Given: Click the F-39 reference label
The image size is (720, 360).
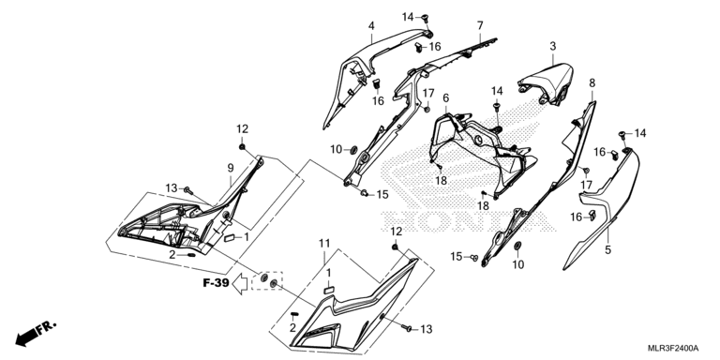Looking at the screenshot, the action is [x=216, y=283].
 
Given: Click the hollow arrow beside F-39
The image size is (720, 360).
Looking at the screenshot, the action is [x=240, y=284].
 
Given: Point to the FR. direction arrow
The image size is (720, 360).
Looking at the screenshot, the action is [x=36, y=334].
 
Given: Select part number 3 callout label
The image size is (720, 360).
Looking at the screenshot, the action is [x=553, y=46].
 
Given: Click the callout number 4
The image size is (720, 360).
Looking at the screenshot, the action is [x=371, y=25].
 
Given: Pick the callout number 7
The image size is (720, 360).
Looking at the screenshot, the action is [x=480, y=25].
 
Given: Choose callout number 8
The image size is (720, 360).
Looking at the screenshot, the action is [x=592, y=83].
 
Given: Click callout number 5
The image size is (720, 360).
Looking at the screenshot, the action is [x=608, y=250].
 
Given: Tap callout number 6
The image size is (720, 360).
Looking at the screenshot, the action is [x=446, y=97].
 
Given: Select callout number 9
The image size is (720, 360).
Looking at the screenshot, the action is [x=231, y=169].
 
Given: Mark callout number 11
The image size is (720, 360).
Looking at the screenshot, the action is [x=324, y=244].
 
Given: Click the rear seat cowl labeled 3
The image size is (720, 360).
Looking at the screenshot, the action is [x=547, y=82].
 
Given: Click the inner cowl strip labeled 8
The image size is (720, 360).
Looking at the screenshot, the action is [x=542, y=184].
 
